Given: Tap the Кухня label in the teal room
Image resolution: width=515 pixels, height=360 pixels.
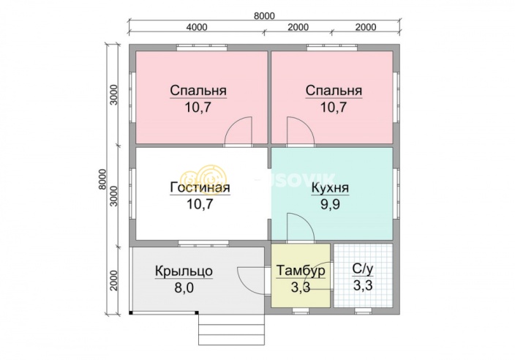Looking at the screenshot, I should [x=330, y=187].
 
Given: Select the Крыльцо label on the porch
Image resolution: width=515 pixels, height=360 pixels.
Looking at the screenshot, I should [x=184, y=271].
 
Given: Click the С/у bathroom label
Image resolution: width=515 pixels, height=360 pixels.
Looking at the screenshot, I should [x=361, y=269].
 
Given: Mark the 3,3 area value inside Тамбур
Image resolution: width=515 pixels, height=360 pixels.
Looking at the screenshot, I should [x=301, y=288].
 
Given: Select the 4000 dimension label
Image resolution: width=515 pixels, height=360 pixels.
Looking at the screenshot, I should [x=197, y=27].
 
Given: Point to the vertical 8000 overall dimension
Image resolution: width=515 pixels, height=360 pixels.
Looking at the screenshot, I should [x=100, y=179].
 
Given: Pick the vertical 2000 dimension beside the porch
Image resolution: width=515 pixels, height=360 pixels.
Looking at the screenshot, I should [x=114, y=279].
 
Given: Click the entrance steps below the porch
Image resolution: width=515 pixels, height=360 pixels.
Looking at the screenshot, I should [x=231, y=329].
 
